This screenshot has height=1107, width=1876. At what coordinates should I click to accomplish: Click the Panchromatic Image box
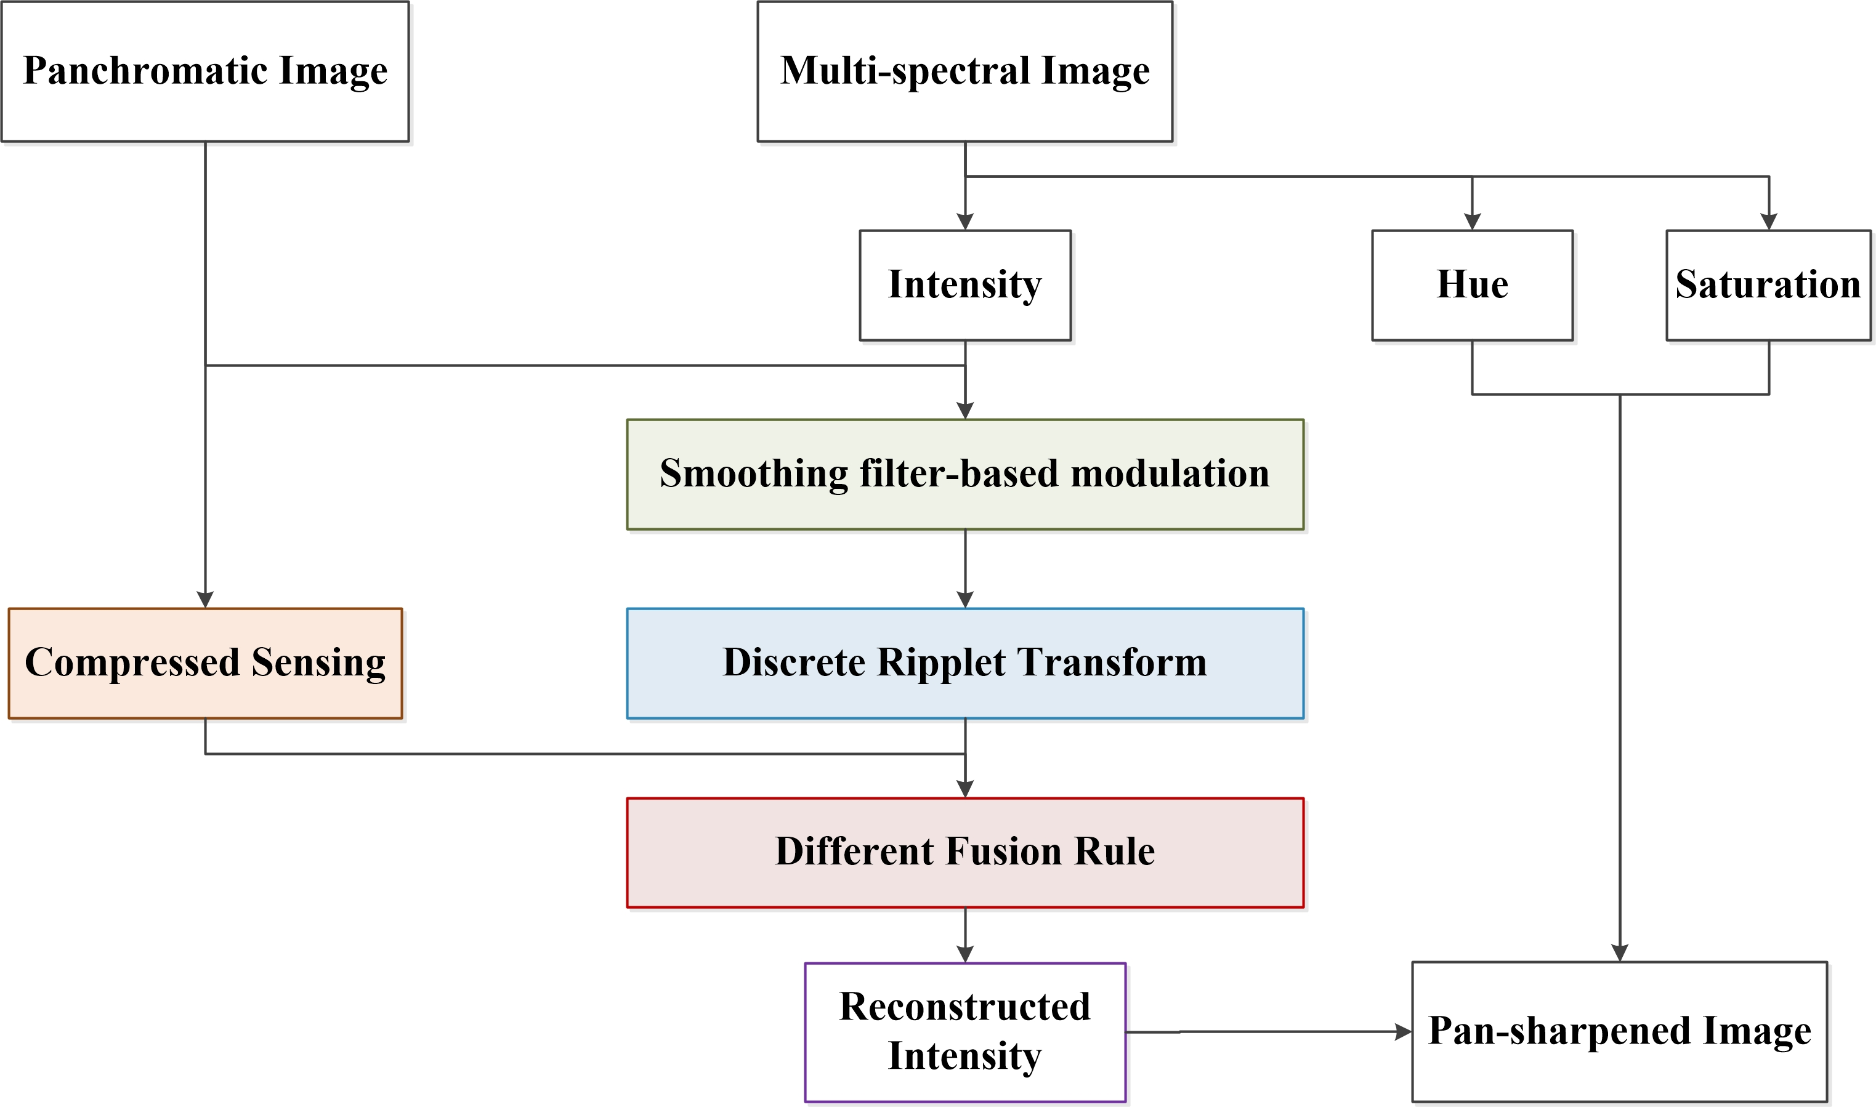[x=205, y=71]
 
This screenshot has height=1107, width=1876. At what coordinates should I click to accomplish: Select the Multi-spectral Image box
[x=965, y=71]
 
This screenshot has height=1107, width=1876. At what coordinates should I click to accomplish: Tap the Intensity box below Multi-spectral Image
[x=965, y=285]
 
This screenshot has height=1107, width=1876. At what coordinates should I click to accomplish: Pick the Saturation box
[x=1768, y=285]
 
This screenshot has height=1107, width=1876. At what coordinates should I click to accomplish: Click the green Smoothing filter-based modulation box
[x=965, y=475]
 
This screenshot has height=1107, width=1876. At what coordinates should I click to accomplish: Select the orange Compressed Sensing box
[x=205, y=663]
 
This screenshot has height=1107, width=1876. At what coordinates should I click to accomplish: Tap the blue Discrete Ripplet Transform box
[x=965, y=663]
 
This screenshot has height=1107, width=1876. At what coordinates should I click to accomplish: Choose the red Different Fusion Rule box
[x=965, y=853]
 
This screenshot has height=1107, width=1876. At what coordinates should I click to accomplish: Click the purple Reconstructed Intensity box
[x=965, y=1032]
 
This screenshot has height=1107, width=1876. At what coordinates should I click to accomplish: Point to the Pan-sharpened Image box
[x=1619, y=1032]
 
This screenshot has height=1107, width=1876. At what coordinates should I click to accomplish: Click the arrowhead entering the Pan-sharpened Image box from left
[x=1404, y=1032]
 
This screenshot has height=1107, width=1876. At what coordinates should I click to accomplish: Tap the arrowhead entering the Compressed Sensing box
[x=205, y=600]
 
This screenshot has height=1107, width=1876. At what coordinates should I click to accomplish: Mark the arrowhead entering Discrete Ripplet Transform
[x=965, y=600]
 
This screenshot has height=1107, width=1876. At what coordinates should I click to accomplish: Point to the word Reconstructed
[x=965, y=1007]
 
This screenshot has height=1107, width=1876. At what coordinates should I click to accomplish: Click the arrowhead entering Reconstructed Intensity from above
[x=965, y=954]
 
